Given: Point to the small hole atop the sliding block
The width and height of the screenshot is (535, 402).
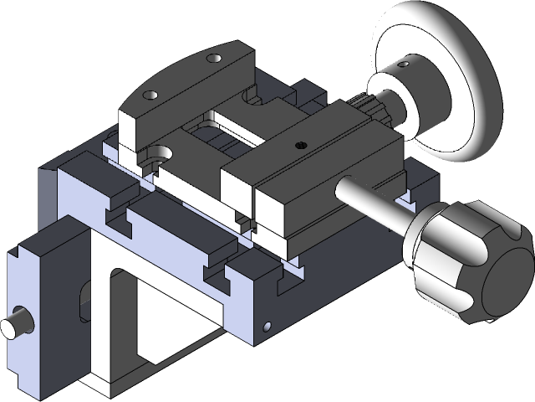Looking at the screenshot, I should click(x=301, y=144).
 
